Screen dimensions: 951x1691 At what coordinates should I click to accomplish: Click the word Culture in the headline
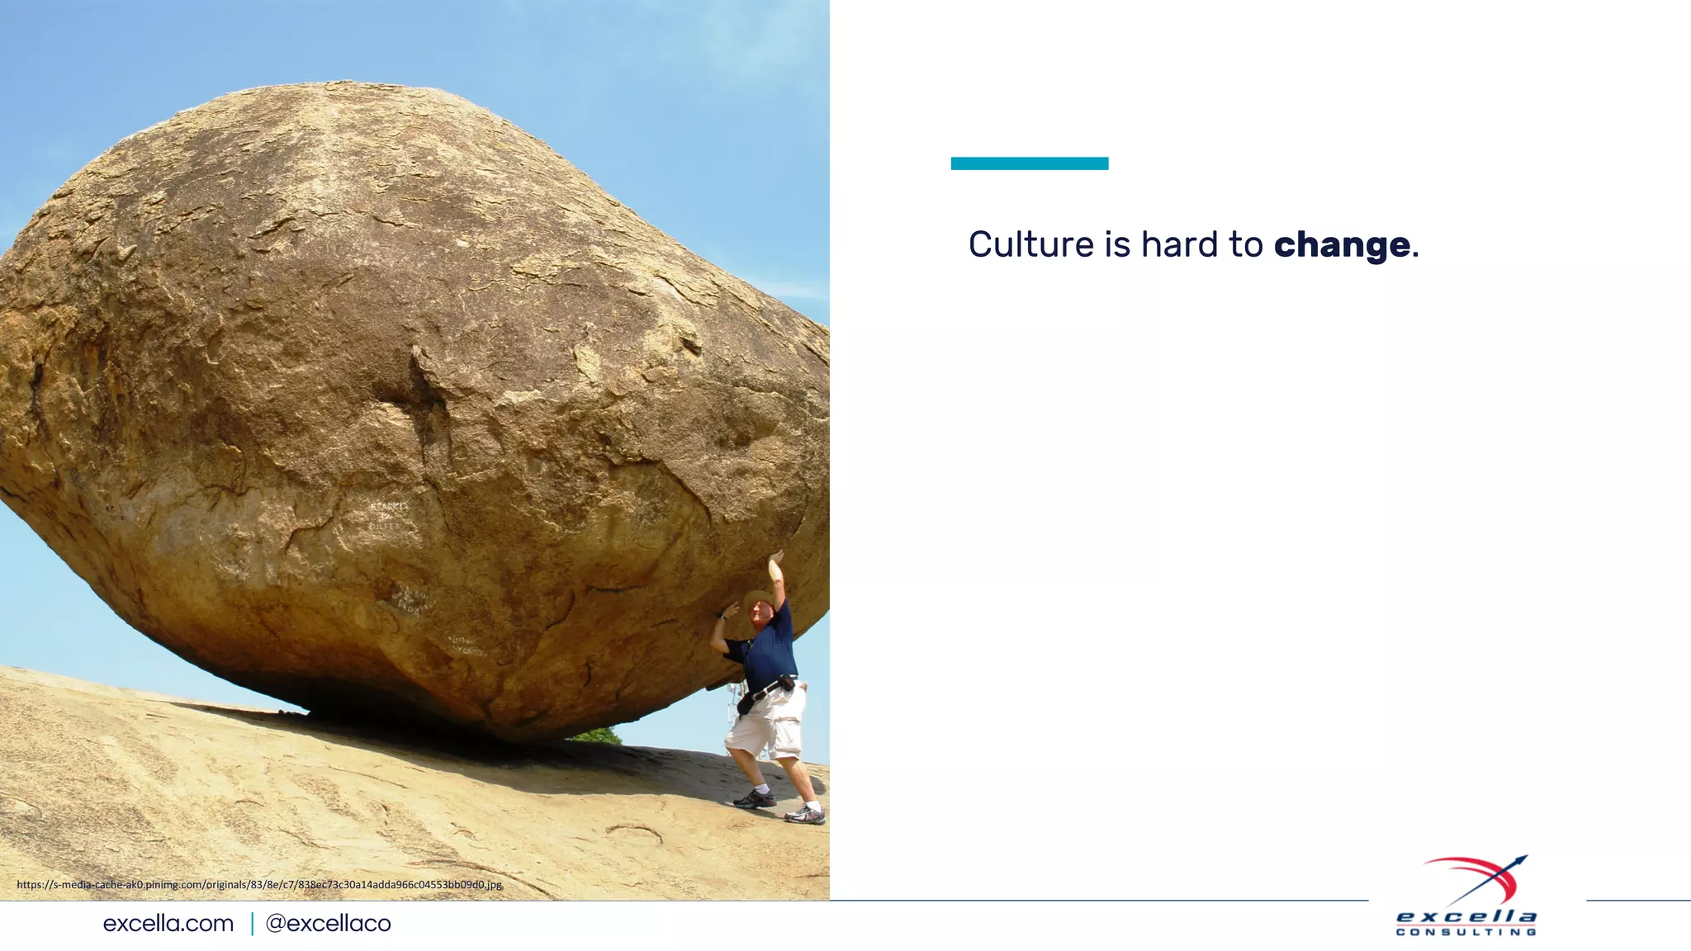pos(1030,244)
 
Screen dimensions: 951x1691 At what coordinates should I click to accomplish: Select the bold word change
pos(1342,245)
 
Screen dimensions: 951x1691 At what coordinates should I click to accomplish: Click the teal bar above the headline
pos(1029,163)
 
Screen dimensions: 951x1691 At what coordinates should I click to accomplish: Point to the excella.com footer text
pos(168,923)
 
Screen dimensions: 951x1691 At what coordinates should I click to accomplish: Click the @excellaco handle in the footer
pos(328,923)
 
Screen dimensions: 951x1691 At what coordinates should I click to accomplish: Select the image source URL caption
pos(259,884)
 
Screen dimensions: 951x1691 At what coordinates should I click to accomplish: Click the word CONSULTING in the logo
pos(1466,932)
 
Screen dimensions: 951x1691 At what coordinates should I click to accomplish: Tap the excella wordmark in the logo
pos(1466,916)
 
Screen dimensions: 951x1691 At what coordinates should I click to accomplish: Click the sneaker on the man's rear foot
pos(804,815)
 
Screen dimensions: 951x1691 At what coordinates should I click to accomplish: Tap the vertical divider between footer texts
pos(252,923)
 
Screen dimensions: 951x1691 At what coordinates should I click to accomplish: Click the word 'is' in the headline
pos(1117,244)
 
